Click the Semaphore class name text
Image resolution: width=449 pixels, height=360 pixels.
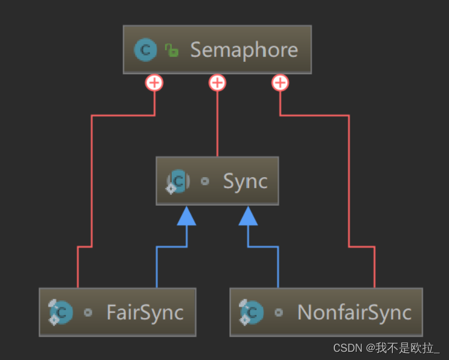click(x=244, y=50)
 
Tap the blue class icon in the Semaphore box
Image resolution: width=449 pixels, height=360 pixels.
click(x=145, y=50)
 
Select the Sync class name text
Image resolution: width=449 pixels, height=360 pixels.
click(x=245, y=181)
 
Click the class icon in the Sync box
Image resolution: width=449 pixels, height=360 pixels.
click(x=178, y=181)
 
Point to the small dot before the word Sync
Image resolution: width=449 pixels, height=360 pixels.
click(x=205, y=181)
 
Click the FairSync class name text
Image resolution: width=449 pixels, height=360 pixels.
click(x=145, y=312)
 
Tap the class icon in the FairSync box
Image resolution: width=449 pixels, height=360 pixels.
click(x=61, y=312)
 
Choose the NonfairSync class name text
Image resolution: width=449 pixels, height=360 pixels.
click(x=354, y=312)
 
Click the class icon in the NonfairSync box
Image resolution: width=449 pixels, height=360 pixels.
click(x=252, y=312)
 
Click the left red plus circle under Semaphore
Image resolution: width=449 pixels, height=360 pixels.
click(x=154, y=83)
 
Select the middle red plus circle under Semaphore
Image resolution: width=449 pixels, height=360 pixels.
click(x=217, y=83)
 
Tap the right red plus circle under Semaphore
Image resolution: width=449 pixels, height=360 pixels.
click(x=280, y=83)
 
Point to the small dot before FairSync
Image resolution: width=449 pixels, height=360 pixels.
click(x=88, y=312)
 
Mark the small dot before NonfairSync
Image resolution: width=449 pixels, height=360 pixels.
click(x=279, y=312)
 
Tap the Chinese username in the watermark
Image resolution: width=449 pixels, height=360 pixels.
click(x=409, y=348)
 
